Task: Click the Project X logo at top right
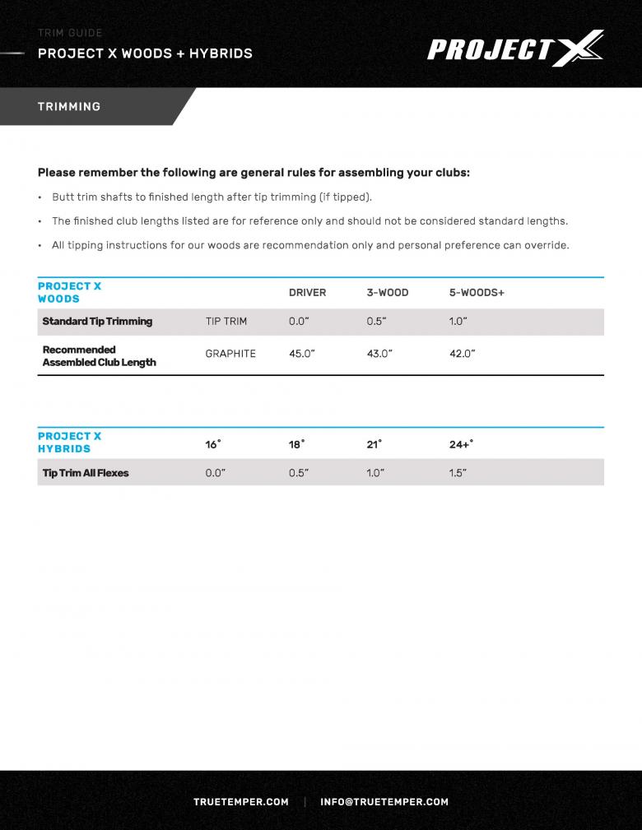coord(515,49)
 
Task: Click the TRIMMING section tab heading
coord(69,107)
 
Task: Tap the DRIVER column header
coord(307,293)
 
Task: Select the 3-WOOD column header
coord(387,293)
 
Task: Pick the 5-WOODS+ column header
coord(477,293)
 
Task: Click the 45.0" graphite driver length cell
coord(301,354)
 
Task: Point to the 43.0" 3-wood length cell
coord(379,354)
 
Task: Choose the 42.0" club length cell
coord(462,354)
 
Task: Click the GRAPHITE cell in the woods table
coord(230,354)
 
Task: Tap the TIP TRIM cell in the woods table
coord(226,322)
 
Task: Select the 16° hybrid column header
coord(212,444)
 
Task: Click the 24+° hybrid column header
coord(461,444)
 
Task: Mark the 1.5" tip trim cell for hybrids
coord(458,473)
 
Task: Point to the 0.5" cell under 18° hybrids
coord(298,473)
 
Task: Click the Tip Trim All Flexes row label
coord(86,473)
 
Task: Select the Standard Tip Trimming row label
coord(97,322)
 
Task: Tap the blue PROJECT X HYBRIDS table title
coord(69,443)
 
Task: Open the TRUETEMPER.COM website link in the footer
coord(241,802)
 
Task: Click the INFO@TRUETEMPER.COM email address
coord(384,802)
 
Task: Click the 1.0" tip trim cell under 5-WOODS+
coord(458,322)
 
